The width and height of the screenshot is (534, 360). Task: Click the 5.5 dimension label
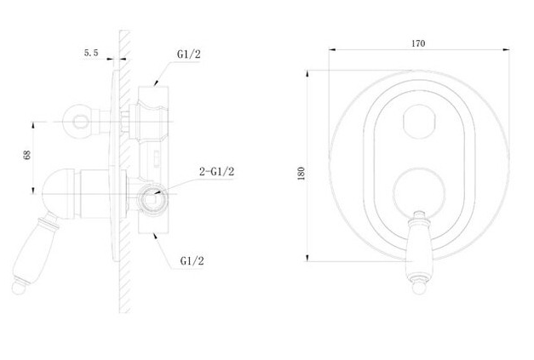click(91, 53)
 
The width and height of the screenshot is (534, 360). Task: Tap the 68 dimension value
click(27, 155)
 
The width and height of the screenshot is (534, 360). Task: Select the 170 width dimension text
click(418, 43)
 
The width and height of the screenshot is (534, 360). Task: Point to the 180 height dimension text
click(301, 174)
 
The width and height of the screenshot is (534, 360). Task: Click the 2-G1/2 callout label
click(217, 172)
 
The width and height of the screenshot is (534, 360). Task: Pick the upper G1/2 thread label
click(189, 54)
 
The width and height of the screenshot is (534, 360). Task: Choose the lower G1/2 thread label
click(192, 261)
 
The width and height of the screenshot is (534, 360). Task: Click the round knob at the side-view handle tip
click(19, 288)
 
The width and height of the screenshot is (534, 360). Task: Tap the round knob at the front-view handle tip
click(419, 287)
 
